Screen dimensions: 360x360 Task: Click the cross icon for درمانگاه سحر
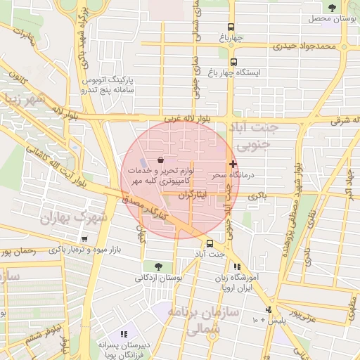pos(233,164)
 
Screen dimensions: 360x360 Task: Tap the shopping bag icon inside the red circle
pos(162,160)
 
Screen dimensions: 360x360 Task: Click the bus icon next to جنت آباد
pos(210,244)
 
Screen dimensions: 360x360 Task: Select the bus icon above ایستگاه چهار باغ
pos(234,62)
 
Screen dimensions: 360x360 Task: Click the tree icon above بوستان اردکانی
pos(157,266)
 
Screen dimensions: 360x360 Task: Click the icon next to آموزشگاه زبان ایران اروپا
pos(237,267)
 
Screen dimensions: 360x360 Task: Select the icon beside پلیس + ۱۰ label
pos(268,309)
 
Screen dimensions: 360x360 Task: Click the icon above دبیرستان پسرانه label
pos(124,334)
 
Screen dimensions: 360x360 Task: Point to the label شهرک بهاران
pos(73,217)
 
